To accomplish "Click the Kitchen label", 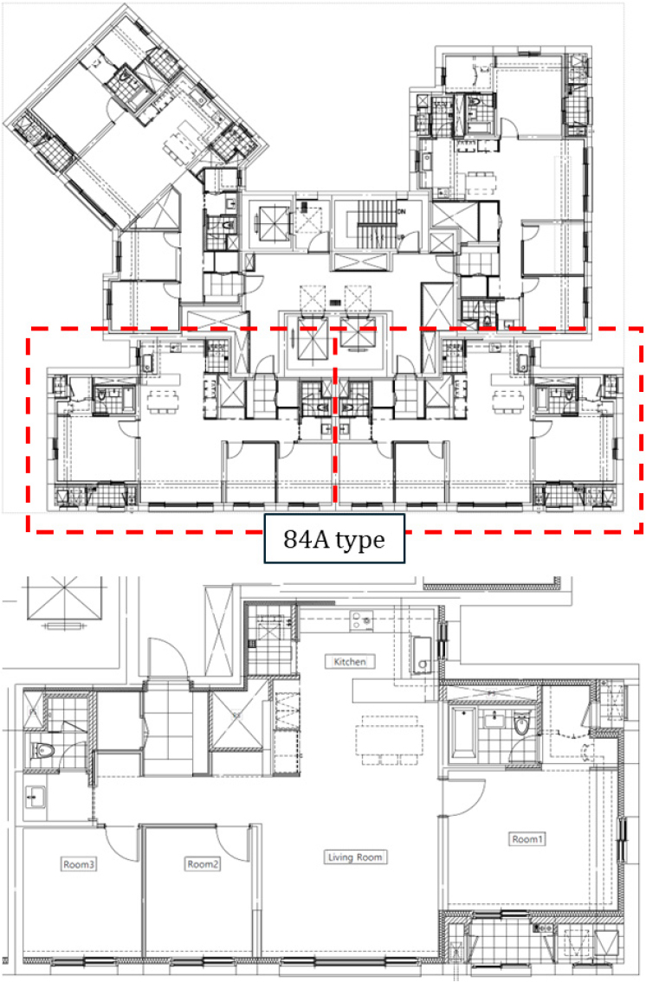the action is tap(350, 661).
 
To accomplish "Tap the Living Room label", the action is tap(355, 857).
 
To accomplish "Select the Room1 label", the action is tap(527, 838).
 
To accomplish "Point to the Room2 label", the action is tap(203, 863).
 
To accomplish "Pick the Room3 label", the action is tap(79, 864).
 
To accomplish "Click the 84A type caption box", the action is tap(334, 539).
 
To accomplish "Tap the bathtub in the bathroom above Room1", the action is tap(464, 731).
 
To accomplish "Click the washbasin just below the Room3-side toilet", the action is tap(35, 797).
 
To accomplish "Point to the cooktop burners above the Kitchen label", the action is tap(361, 619).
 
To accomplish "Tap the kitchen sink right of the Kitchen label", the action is tap(421, 655).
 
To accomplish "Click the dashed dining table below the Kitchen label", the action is tap(386, 741).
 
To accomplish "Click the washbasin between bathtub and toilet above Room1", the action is tap(495, 719).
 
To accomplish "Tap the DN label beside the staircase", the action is tap(401, 212).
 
